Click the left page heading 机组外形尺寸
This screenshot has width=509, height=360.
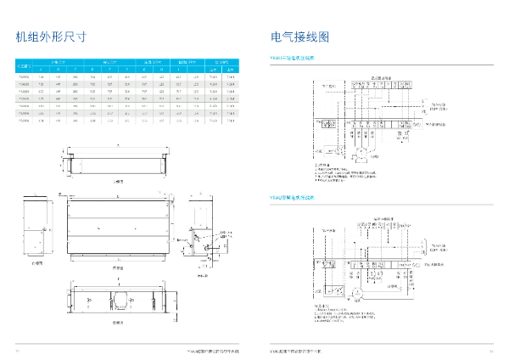pyautogui.click(x=52, y=37)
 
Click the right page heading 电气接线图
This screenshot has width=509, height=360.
pyautogui.click(x=299, y=37)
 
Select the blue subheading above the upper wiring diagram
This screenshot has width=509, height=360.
pyautogui.click(x=292, y=59)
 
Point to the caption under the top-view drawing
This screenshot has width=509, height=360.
pyautogui.click(x=119, y=181)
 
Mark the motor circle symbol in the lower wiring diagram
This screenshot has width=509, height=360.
pyautogui.click(x=357, y=293)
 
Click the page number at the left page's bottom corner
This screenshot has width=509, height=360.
pyautogui.click(x=18, y=349)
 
